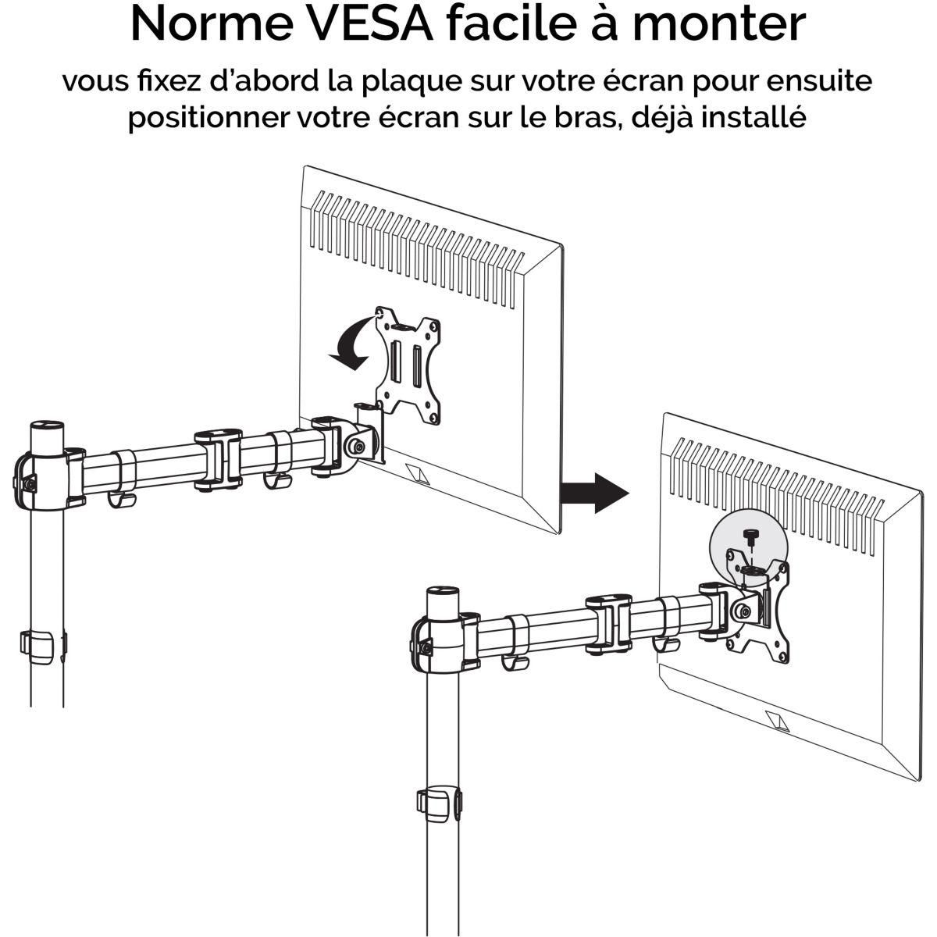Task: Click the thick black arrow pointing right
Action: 595,493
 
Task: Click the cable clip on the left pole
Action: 39,643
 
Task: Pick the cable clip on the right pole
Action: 439,804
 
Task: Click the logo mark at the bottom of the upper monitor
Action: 419,475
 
